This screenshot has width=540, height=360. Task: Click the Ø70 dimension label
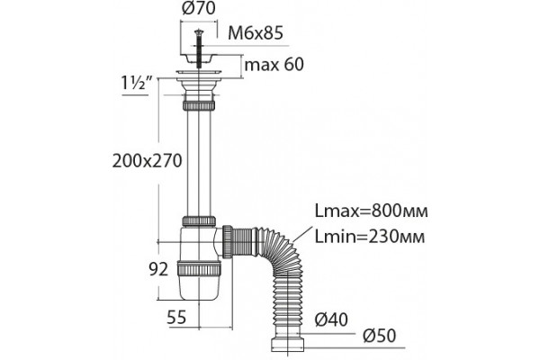(x=198, y=7)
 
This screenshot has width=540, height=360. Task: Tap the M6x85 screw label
(x=256, y=33)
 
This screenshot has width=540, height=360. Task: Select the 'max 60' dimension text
(x=274, y=65)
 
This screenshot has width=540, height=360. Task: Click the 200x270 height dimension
(x=147, y=161)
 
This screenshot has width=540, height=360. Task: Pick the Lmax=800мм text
(x=371, y=211)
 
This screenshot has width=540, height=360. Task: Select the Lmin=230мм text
(x=370, y=237)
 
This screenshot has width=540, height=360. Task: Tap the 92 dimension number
(x=158, y=269)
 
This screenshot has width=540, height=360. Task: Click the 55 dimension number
(x=176, y=318)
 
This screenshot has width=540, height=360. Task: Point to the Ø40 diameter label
(x=331, y=319)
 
